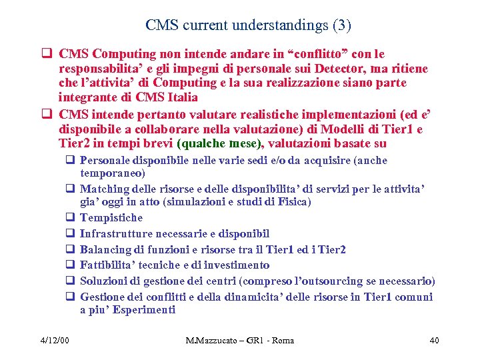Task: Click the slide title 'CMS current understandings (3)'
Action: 248,26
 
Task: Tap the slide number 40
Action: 433,341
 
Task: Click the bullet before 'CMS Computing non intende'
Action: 49,53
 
